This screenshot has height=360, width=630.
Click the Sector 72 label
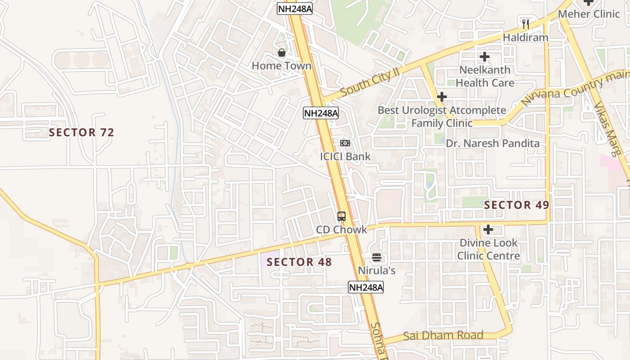(81, 132)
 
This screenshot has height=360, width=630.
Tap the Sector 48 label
(299, 262)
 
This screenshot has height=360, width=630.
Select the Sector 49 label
(517, 205)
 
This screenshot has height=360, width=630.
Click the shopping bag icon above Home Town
(282, 53)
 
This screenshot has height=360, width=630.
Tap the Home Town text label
(281, 66)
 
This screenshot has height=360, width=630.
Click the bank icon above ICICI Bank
(345, 143)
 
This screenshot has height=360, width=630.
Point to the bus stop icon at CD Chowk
(342, 216)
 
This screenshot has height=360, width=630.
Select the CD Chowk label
(342, 229)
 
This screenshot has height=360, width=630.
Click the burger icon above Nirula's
(377, 258)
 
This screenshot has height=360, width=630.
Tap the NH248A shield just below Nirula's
(366, 287)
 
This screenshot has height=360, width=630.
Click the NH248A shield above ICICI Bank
(321, 113)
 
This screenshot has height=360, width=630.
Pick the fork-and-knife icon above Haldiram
(526, 24)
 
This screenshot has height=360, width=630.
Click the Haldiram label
(526, 37)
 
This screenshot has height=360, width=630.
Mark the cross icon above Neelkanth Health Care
(485, 57)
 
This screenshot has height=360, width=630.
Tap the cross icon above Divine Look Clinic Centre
(488, 230)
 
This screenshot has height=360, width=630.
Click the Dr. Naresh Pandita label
(493, 144)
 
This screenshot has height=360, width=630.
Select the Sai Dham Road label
(443, 336)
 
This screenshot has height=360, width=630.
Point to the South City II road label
(370, 82)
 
